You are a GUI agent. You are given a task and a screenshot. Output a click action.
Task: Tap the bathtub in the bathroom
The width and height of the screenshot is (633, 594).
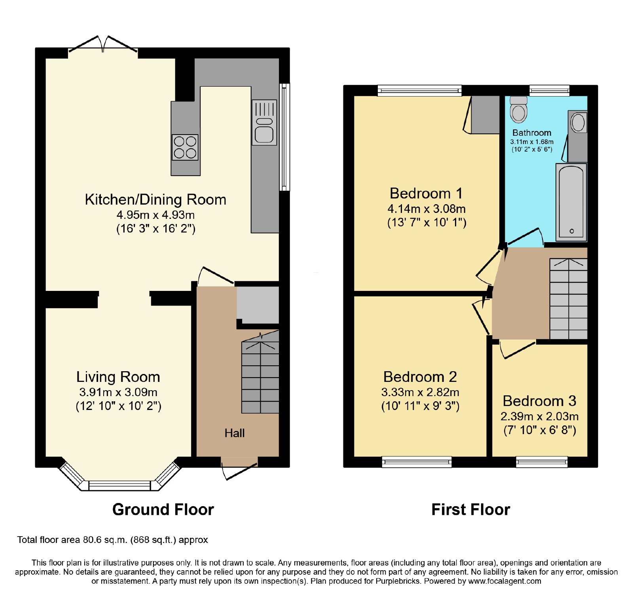(571, 202)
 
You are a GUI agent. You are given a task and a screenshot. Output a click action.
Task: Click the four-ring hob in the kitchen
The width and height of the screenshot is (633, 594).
(185, 147)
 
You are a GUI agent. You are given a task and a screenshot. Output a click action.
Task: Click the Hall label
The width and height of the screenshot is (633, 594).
(235, 433)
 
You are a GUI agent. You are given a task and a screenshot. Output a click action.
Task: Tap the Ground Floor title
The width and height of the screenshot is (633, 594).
(163, 509)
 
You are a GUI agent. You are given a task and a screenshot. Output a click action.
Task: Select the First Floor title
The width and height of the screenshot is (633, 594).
(470, 509)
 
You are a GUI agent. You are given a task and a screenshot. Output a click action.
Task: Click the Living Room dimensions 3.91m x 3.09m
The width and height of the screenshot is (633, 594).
(118, 392)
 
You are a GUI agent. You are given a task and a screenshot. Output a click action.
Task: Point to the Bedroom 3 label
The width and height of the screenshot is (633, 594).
(539, 401)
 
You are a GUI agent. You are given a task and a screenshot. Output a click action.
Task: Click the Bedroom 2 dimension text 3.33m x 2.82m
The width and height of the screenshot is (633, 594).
(420, 392)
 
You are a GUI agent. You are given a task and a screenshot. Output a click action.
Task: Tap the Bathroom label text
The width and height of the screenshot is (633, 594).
(532, 133)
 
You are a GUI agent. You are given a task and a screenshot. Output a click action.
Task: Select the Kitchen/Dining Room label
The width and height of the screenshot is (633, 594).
(155, 199)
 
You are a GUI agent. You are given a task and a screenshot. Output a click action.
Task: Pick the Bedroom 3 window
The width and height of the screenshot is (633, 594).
(542, 462)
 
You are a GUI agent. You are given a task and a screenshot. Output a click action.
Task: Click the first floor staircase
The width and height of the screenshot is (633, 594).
(569, 299)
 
